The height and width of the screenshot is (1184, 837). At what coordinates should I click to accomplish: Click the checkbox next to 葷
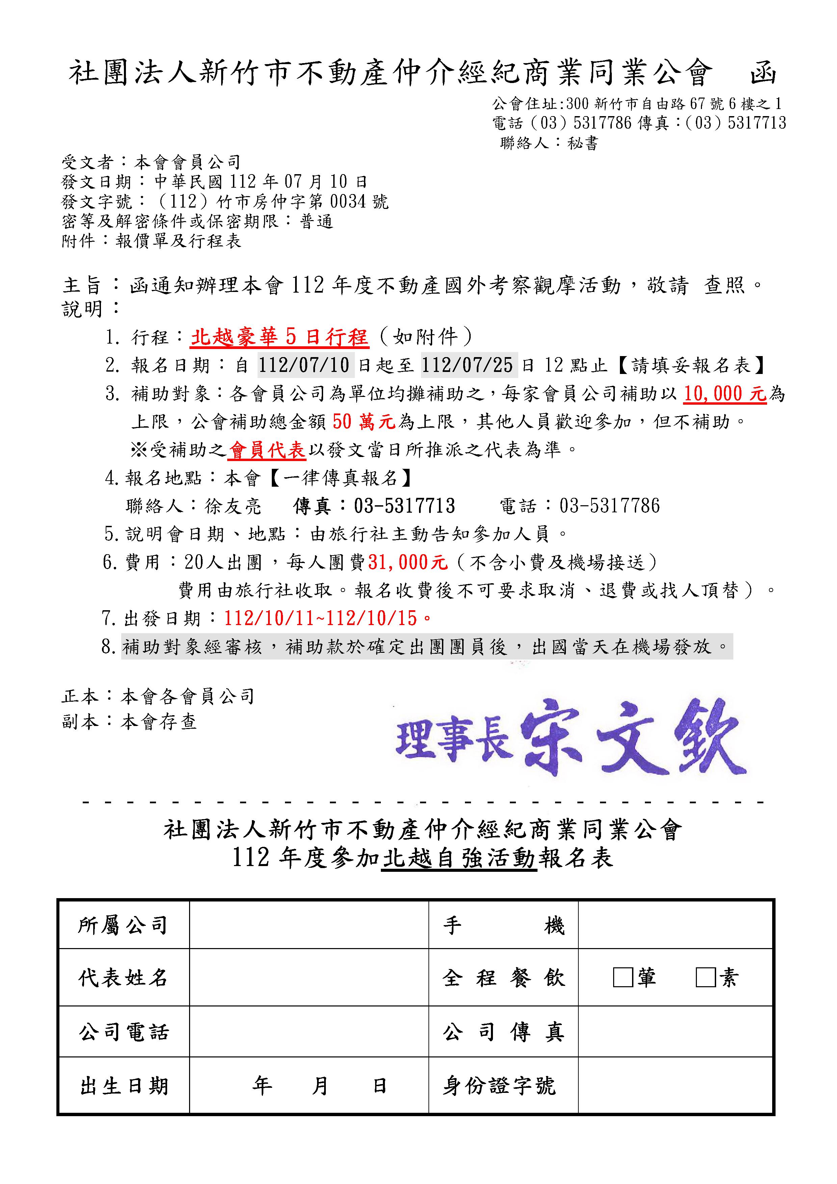pos(623,977)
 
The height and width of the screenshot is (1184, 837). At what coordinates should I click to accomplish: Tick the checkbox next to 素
pos(705,977)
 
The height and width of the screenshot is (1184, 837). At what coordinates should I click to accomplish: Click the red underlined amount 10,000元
pos(725,394)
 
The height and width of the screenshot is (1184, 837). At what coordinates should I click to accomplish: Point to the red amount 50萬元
pos(364,422)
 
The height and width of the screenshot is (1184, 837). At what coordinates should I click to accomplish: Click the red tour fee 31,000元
pos(408,562)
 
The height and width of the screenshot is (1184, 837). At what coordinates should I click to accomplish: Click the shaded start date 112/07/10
pos(304,366)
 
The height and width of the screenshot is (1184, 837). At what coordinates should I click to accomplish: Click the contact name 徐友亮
pos(233,506)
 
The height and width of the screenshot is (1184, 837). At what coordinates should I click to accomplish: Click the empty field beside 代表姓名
pos(308,977)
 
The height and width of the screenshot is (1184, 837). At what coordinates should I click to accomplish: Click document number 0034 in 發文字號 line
pos(347,201)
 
